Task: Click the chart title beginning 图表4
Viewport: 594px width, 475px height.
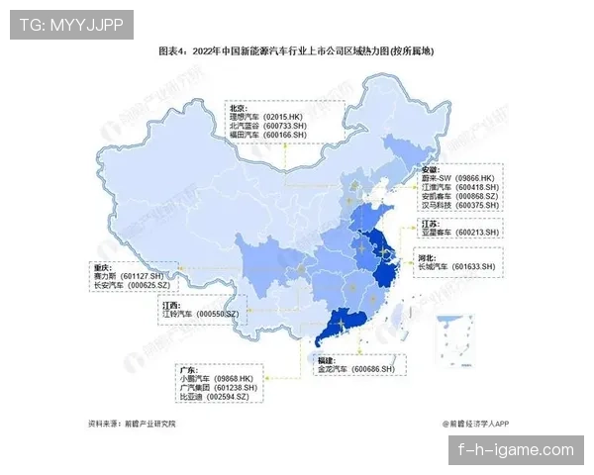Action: click(x=296, y=50)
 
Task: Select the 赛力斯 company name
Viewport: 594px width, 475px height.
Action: click(x=106, y=275)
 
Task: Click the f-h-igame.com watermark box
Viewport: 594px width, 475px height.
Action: click(x=515, y=449)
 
